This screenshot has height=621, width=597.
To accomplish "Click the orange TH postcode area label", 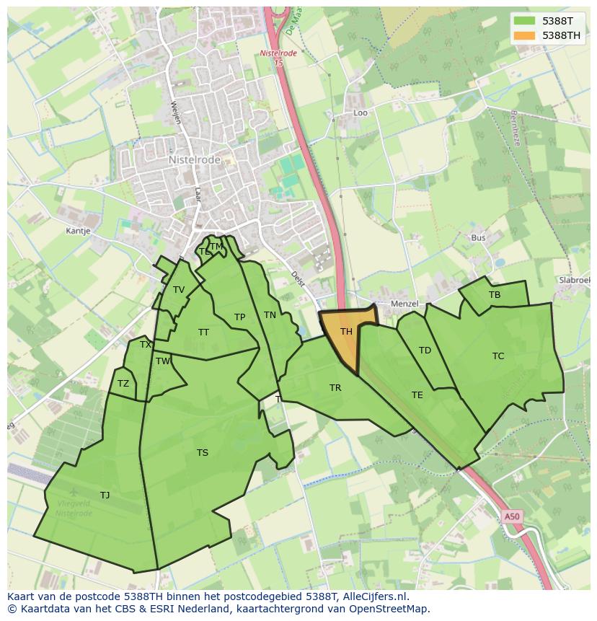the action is tap(346, 332).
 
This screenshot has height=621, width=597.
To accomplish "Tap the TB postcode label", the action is tap(495, 295).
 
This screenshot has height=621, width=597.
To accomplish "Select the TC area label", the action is tap(498, 356).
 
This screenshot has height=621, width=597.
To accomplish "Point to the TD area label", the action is tap(425, 351).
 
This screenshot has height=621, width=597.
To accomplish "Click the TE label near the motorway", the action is tap(417, 395).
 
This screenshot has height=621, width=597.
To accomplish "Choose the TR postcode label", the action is tap(335, 388).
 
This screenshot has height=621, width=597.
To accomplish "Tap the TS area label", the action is tap(203, 453).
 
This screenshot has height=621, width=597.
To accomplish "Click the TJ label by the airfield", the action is tap(105, 495).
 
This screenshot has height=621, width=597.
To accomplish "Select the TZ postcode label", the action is tap(123, 384).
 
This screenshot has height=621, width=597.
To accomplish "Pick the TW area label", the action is tap(163, 361).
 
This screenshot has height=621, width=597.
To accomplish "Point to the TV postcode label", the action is tap(179, 290).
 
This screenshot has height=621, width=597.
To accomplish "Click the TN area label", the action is tap(270, 314).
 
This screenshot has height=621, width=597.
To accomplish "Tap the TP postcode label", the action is tap(240, 317).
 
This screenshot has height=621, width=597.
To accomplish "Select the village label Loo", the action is tap(361, 113).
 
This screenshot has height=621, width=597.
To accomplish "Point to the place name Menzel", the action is tap(404, 304).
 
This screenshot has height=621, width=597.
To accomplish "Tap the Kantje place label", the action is tap(78, 231).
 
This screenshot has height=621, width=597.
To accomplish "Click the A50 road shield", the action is tap(511, 516).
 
